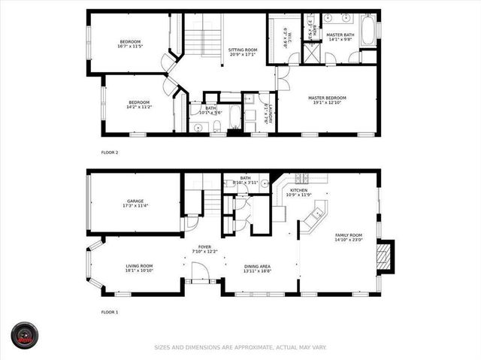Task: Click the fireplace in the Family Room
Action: click(x=385, y=255)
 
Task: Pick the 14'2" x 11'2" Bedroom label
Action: click(x=139, y=104)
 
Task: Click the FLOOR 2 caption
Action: click(x=110, y=153)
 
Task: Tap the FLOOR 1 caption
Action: click(x=110, y=311)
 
